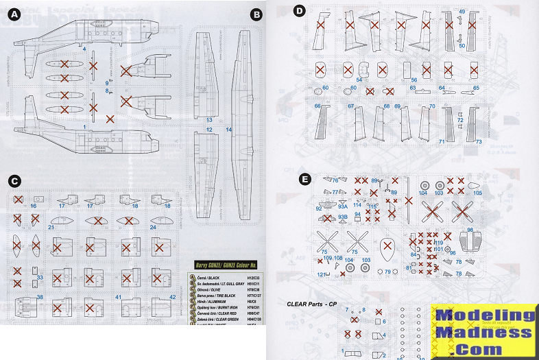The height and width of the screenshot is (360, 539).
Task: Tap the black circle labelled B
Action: point(256,14)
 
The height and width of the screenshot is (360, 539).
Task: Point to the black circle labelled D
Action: point(298,10)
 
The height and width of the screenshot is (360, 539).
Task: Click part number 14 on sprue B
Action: point(228,129)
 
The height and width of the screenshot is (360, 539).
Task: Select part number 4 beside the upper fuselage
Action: point(84,49)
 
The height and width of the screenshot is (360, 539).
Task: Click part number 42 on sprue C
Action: point(172,297)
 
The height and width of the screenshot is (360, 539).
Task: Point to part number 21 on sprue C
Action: point(51,226)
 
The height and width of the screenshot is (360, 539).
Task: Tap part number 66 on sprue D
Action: point(318,106)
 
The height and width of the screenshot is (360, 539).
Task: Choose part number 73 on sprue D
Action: point(478,141)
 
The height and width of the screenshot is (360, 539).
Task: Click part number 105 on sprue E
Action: point(478,193)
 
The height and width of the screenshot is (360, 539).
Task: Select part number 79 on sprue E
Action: point(388,272)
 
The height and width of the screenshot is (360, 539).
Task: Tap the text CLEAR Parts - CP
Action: point(313,302)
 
